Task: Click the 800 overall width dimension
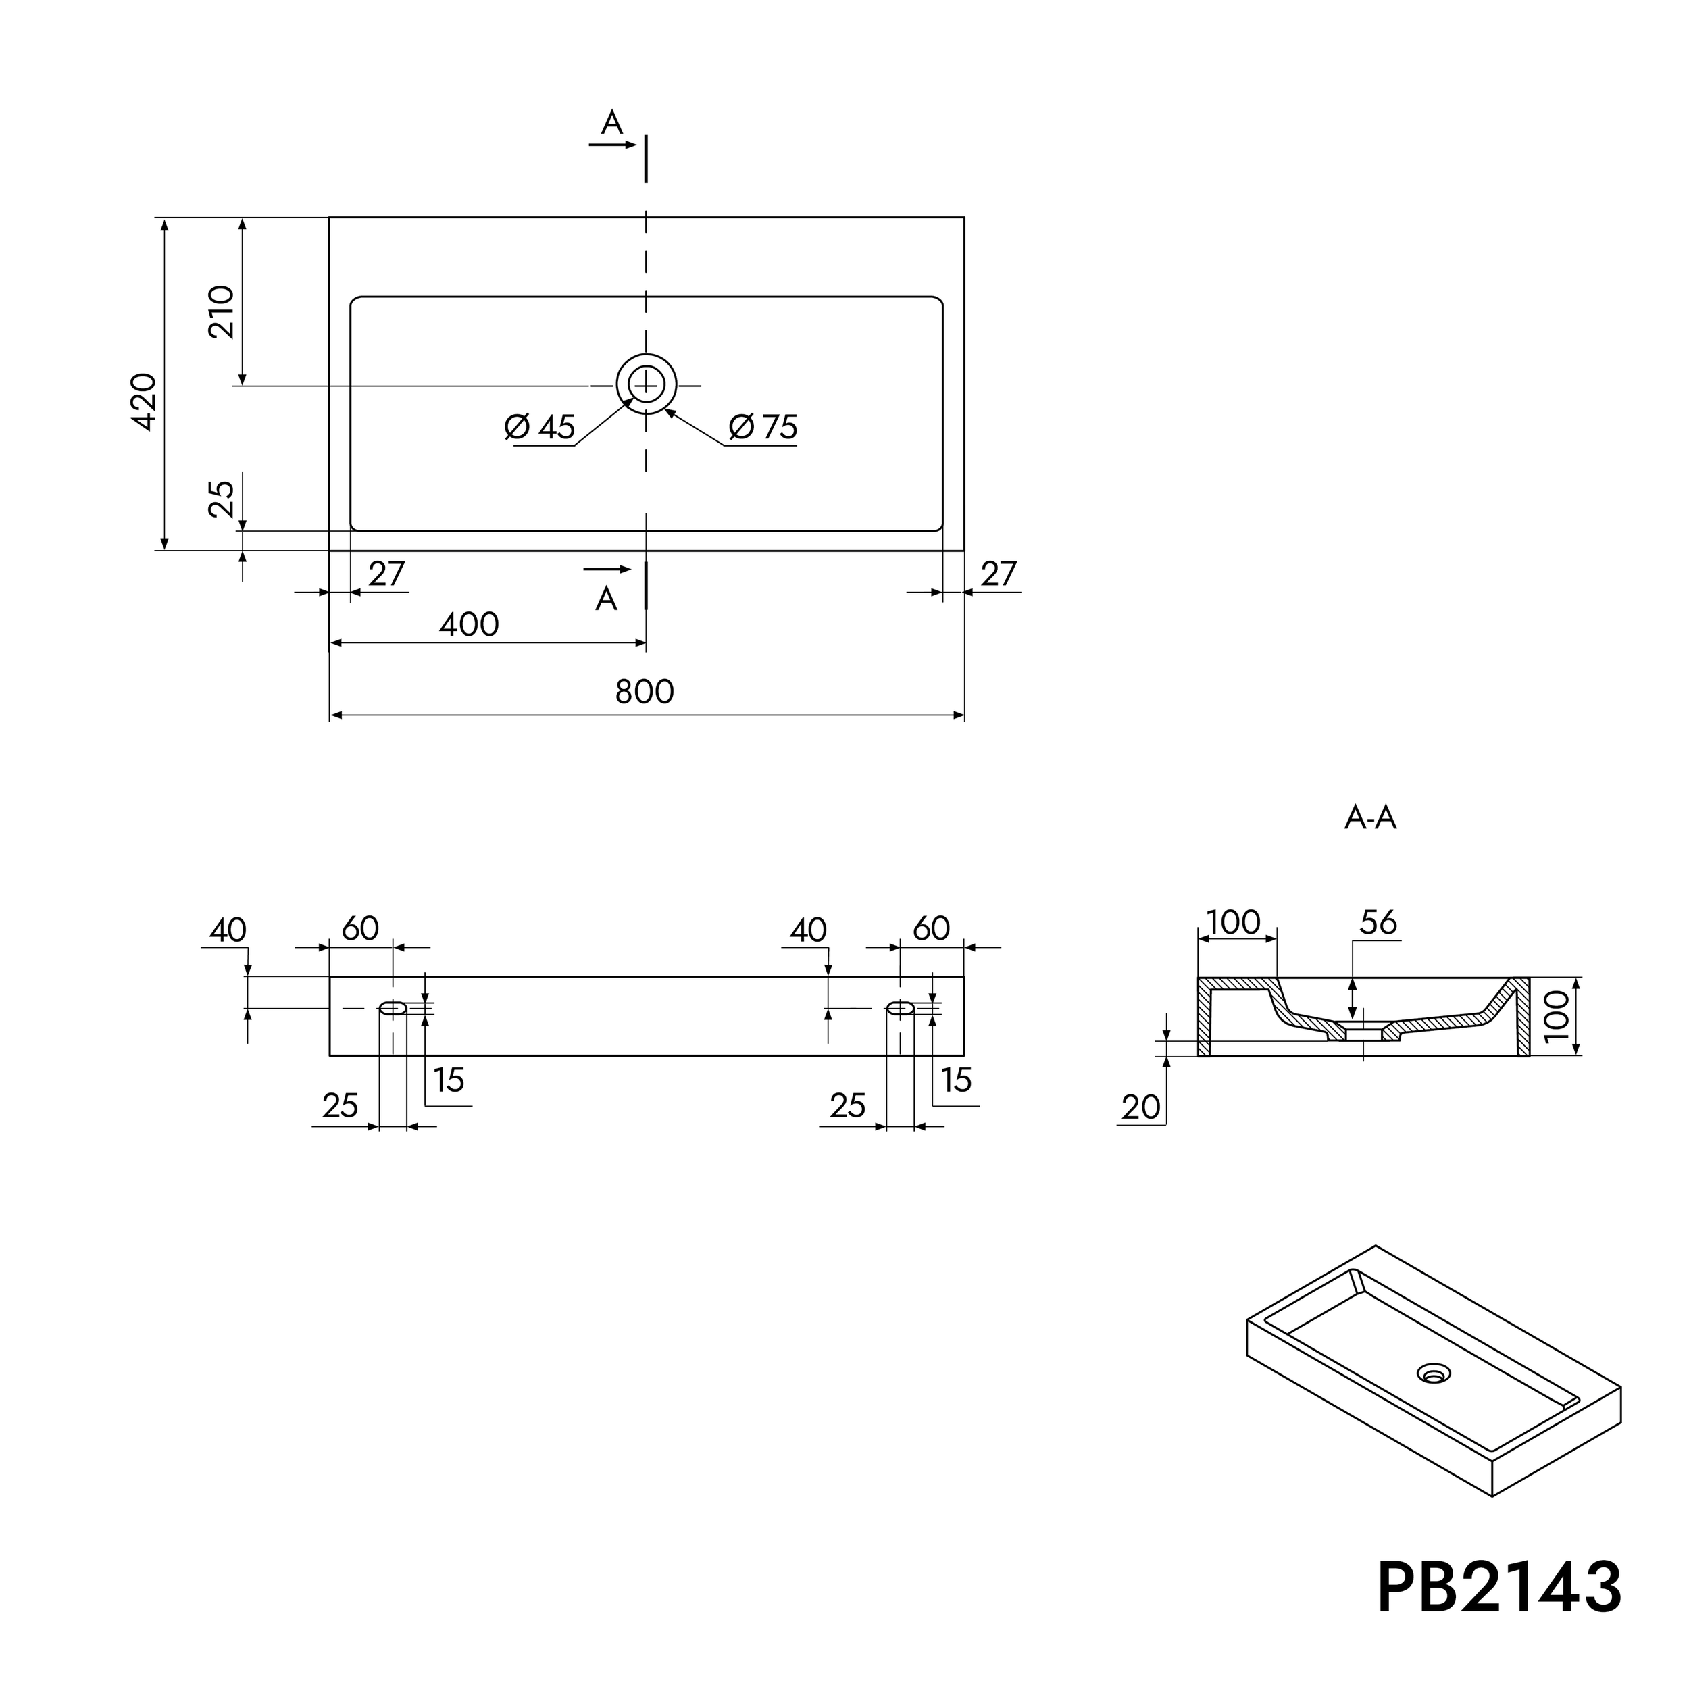(x=645, y=692)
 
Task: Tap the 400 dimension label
(x=469, y=625)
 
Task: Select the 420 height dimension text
(x=145, y=401)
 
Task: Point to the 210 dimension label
(x=221, y=312)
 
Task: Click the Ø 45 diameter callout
(x=540, y=428)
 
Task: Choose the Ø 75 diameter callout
(x=763, y=428)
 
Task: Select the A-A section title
(x=1370, y=818)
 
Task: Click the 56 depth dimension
(x=1379, y=922)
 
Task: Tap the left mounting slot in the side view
(x=393, y=1008)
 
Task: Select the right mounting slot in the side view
(x=901, y=1008)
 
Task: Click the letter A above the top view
(x=612, y=123)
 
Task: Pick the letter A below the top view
(x=607, y=600)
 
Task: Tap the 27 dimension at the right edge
(x=999, y=574)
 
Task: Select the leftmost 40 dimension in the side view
(x=228, y=930)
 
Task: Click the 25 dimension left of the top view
(x=221, y=499)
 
